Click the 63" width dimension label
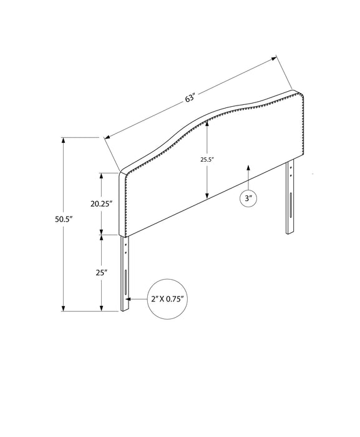point(190,97)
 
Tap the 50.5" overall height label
point(63,219)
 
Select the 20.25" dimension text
point(100,203)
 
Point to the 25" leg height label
point(102,272)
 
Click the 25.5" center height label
point(207,160)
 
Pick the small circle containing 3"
point(248,199)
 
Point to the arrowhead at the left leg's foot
point(129,300)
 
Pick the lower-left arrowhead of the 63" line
point(108,136)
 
